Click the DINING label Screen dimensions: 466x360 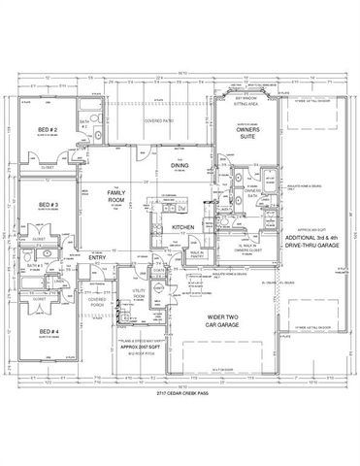180,164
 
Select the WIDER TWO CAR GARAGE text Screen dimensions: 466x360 229,322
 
